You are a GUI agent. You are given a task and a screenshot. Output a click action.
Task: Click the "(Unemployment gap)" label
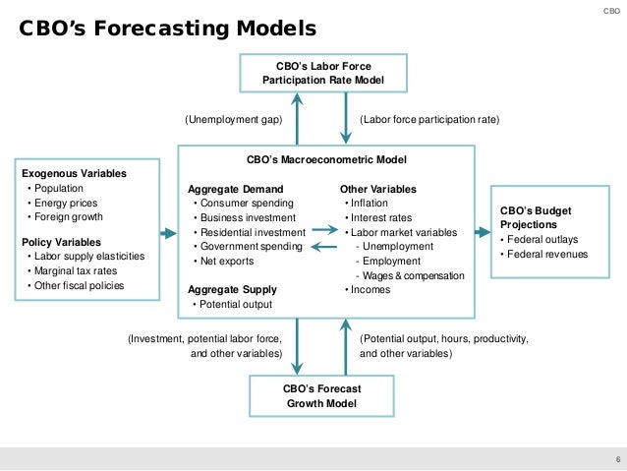[x=234, y=119]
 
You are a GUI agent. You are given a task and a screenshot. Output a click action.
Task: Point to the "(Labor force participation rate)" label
[x=429, y=119]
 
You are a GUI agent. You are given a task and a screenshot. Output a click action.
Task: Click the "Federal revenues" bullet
[x=547, y=254]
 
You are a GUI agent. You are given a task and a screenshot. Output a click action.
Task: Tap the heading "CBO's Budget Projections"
[x=535, y=217]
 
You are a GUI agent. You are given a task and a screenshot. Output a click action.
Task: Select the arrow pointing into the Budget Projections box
[x=483, y=232]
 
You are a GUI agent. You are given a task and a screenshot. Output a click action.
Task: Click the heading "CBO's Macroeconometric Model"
[x=325, y=158]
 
